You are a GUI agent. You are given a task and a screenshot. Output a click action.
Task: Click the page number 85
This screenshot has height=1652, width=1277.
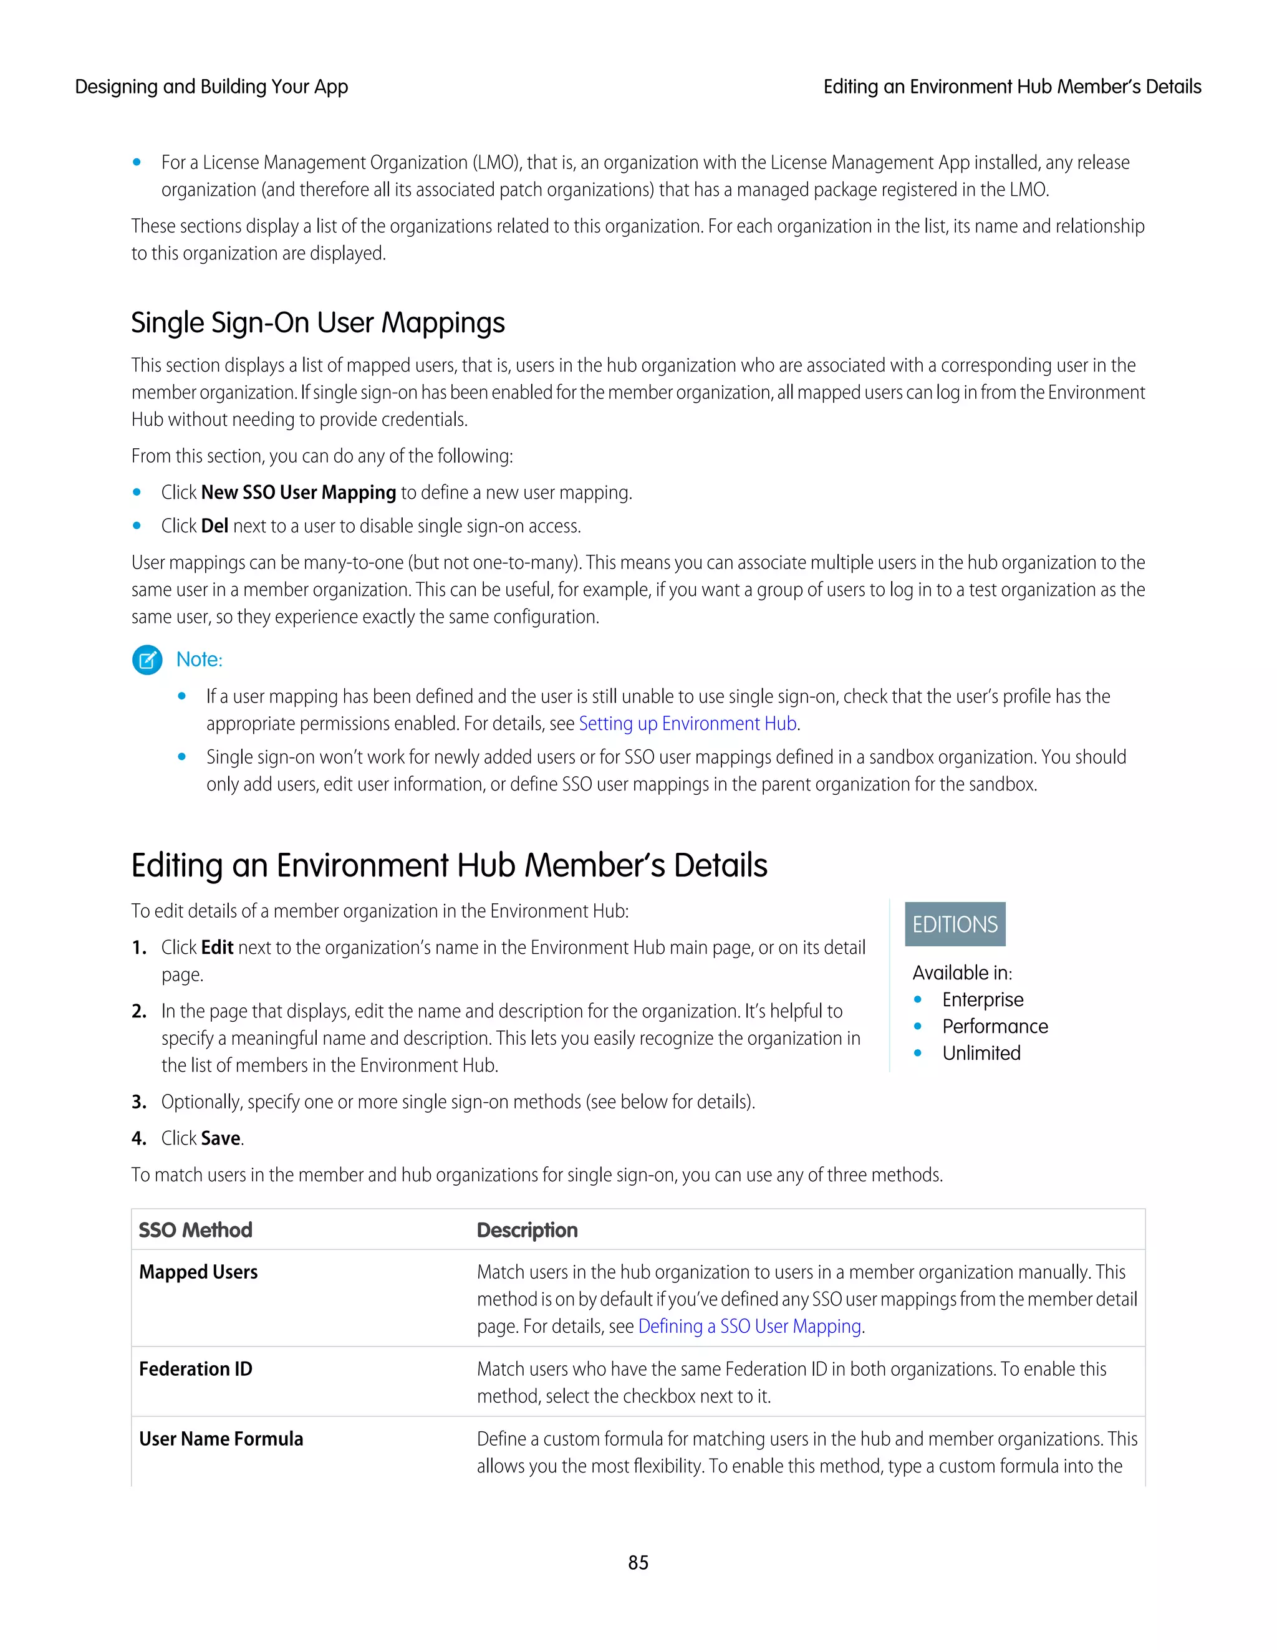[638, 1562]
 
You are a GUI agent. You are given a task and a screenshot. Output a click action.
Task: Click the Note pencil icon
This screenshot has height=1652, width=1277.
[147, 660]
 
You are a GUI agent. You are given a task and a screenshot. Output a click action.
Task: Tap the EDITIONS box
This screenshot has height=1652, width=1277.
[955, 924]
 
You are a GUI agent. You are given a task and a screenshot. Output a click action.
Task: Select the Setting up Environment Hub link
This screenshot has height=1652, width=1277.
[687, 724]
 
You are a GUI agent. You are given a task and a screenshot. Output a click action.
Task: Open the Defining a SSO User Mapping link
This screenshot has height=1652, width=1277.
[749, 1326]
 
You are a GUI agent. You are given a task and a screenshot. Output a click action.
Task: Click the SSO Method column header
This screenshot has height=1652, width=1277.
[195, 1230]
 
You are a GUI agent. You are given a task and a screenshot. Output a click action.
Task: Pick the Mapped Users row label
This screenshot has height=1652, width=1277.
[198, 1272]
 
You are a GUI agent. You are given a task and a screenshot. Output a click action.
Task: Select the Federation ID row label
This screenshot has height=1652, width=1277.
[195, 1369]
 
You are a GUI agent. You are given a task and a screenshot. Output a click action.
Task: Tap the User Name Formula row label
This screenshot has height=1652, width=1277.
[221, 1439]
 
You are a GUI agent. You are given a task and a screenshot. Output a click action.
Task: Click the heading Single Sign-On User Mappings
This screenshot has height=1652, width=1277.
[318, 323]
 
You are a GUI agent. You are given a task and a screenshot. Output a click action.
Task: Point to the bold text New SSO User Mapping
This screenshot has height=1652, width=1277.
[298, 492]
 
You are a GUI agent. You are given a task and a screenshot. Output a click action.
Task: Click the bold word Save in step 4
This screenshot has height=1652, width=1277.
[221, 1138]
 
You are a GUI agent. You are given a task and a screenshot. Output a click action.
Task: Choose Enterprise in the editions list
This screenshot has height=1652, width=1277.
[982, 1000]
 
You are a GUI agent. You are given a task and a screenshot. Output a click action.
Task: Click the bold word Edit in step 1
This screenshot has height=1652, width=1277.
[217, 948]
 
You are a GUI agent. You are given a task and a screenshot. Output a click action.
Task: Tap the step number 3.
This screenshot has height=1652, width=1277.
[138, 1102]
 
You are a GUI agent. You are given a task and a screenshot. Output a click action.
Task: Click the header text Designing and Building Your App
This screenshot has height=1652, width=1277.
[211, 87]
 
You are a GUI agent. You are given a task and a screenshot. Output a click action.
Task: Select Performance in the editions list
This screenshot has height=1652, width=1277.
[994, 1027]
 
